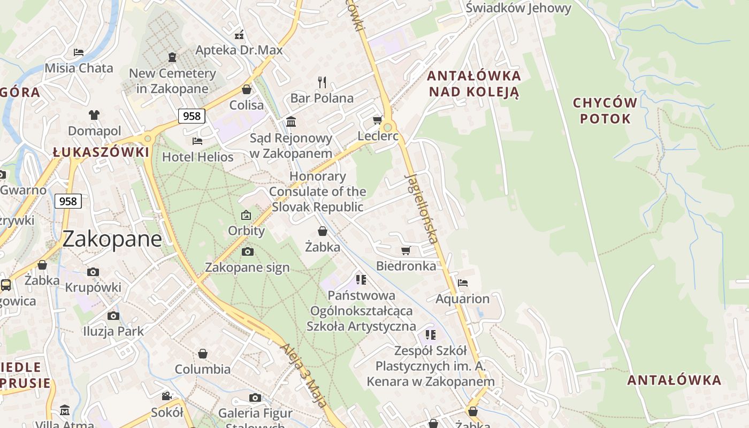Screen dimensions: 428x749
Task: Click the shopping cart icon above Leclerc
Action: click(x=377, y=120)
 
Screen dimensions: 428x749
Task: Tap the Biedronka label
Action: click(x=406, y=265)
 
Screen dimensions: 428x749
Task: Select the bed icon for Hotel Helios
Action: click(x=197, y=141)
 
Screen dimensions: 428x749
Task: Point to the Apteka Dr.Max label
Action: click(x=239, y=50)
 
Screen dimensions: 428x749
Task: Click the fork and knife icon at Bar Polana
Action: click(x=322, y=82)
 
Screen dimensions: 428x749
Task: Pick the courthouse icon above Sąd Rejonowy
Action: click(x=291, y=122)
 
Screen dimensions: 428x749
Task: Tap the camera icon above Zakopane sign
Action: click(x=247, y=251)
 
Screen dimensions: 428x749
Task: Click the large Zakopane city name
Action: click(x=112, y=239)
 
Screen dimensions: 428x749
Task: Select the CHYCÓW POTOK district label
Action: click(x=605, y=110)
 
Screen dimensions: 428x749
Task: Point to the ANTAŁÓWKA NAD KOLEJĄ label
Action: click(x=474, y=83)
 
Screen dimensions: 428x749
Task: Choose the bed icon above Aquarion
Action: click(x=463, y=282)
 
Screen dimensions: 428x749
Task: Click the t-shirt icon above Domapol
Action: click(x=94, y=114)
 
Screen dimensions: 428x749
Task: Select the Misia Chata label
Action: click(x=79, y=68)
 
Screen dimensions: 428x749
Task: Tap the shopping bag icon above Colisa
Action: click(x=247, y=89)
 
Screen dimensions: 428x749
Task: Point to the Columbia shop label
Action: click(x=203, y=369)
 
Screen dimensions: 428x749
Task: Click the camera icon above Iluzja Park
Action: click(x=113, y=316)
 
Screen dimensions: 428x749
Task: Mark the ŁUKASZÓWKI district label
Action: click(x=101, y=152)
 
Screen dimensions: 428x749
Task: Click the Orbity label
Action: click(x=247, y=231)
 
